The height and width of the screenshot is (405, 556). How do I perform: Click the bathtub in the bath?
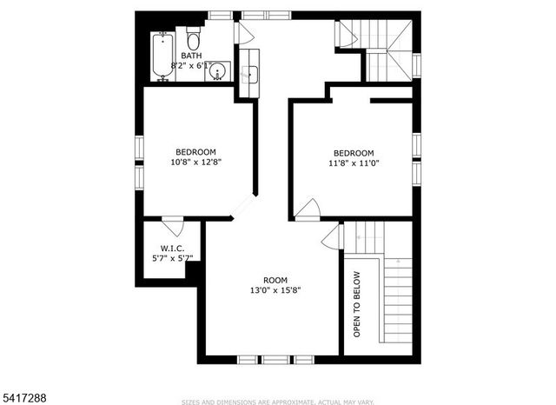click(162, 56)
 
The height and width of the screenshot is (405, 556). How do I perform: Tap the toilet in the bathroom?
click(194, 40)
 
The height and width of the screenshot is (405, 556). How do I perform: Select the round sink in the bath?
click(217, 71)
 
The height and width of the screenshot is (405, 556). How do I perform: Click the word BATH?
click(191, 56)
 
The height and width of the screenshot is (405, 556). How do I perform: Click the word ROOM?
click(275, 280)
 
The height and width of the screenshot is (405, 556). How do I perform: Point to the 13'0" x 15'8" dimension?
click(275, 290)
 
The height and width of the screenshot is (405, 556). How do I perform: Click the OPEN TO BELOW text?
click(356, 304)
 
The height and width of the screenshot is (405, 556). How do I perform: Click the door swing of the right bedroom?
click(308, 209)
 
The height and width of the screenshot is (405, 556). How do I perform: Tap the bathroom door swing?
click(243, 33)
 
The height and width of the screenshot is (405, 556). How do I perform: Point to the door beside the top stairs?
click(347, 34)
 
